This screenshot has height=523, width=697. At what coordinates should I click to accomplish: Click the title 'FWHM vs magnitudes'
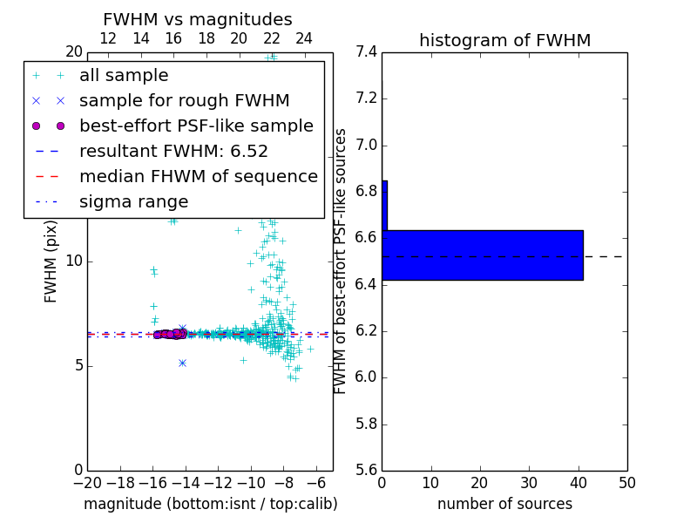(x=197, y=19)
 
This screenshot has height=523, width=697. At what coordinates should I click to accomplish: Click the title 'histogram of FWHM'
(x=504, y=40)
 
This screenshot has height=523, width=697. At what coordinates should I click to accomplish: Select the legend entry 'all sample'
(x=124, y=76)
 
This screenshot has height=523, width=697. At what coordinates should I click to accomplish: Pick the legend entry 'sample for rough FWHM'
(x=184, y=100)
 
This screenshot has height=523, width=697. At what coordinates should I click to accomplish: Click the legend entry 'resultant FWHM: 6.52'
(x=173, y=151)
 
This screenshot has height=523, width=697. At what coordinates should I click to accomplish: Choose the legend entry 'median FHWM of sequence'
(x=198, y=176)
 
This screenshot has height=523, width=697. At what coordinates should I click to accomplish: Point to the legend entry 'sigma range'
(x=133, y=201)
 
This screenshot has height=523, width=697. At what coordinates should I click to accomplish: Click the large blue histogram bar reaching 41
(x=482, y=255)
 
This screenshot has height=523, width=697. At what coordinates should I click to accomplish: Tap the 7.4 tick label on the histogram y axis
(x=366, y=51)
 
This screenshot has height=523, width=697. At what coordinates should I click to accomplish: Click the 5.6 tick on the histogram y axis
(x=366, y=470)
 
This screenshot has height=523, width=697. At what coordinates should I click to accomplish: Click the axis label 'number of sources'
(x=504, y=504)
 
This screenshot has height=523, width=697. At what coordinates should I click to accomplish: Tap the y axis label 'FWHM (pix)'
(x=51, y=261)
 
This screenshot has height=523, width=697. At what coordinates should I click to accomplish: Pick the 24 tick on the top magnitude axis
(x=304, y=38)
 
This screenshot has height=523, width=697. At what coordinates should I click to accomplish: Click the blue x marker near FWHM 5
(x=182, y=363)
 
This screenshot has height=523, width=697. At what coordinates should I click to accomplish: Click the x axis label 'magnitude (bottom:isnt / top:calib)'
(x=210, y=504)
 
